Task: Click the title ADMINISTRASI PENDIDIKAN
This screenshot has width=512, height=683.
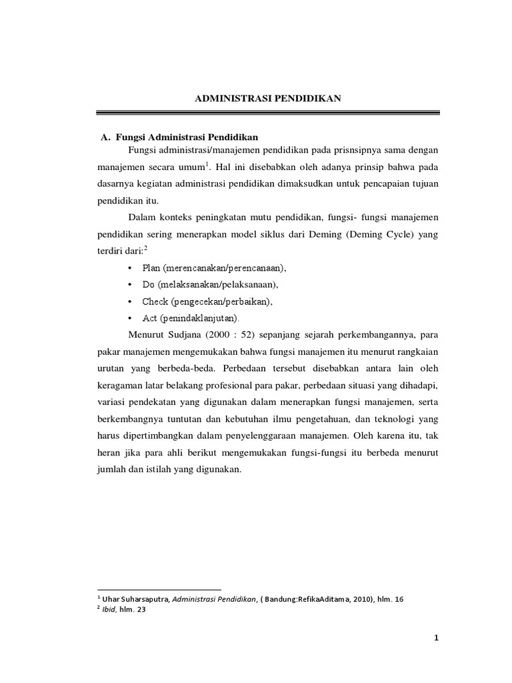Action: [268, 99]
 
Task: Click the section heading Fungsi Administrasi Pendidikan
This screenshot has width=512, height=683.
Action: [187, 137]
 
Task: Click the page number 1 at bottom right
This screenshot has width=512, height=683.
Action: [437, 639]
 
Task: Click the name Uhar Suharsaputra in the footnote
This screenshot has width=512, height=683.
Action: [137, 599]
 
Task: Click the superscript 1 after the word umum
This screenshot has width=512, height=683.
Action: [207, 163]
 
